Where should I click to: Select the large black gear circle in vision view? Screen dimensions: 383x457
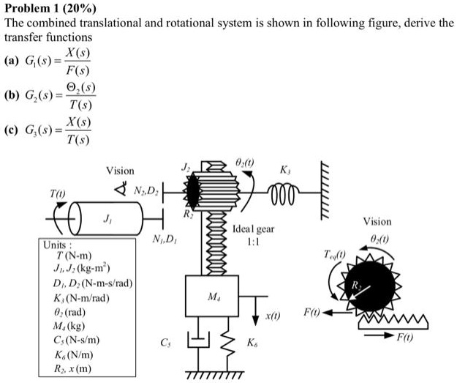pos(376,280)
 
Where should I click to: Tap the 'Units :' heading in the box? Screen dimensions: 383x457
pos(56,245)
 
